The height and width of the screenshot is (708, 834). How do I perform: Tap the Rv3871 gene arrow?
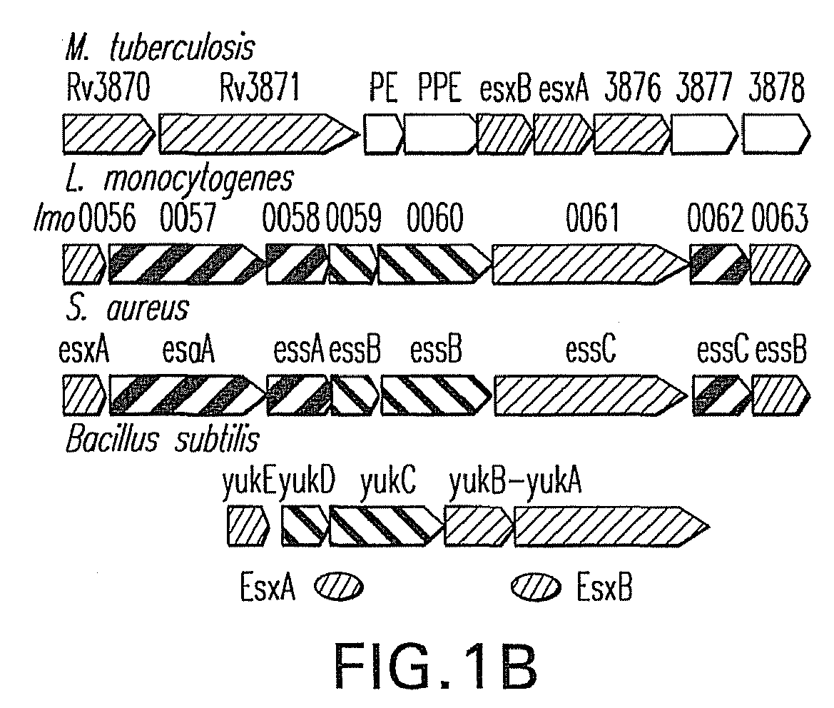click(260, 133)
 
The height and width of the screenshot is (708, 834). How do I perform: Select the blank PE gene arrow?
click(384, 133)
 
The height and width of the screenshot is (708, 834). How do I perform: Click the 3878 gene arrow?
click(776, 133)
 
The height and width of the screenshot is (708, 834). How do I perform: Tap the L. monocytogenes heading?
click(179, 180)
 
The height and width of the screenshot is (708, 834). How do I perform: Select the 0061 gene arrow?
click(591, 264)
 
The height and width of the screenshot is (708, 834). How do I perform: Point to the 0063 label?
click(780, 218)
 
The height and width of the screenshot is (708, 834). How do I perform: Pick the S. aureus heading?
click(127, 309)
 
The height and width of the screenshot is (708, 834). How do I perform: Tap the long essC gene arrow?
click(591, 395)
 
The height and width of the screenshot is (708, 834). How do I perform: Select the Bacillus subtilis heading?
click(162, 440)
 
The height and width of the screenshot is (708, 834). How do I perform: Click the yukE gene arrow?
click(248, 526)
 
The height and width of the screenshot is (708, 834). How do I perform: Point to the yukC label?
click(388, 482)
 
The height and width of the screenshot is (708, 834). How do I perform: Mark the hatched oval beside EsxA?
click(339, 587)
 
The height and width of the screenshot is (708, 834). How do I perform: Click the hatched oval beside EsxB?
click(536, 587)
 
